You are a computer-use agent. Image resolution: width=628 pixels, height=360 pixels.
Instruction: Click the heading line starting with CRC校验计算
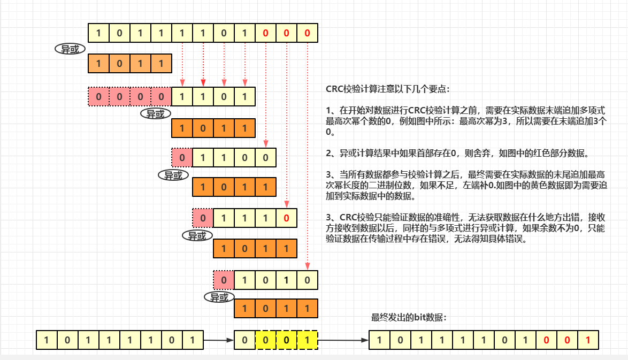pyautogui.click(x=388, y=88)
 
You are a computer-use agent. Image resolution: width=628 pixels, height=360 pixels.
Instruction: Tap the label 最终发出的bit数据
pyautogui.click(x=409, y=318)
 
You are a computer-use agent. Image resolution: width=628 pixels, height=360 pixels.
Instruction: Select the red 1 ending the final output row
pyautogui.click(x=588, y=340)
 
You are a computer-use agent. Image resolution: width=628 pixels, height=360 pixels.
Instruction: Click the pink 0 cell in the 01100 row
pyautogui.click(x=182, y=157)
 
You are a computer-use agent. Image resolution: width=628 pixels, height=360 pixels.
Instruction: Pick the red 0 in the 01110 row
pyautogui.click(x=287, y=218)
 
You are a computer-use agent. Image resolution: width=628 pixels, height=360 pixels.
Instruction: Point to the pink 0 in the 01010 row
pyautogui.click(x=224, y=280)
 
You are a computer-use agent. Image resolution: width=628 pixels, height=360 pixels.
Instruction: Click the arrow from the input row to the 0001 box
pyautogui.click(x=219, y=340)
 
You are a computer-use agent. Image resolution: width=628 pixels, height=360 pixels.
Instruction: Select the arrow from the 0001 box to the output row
pyautogui.click(x=343, y=340)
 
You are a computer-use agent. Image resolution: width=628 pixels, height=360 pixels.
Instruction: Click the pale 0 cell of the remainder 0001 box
pyautogui.click(x=245, y=340)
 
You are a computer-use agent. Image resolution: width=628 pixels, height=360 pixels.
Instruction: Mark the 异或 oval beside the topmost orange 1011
pyautogui.click(x=70, y=49)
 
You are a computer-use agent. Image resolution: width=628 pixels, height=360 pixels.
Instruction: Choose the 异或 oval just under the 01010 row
pyautogui.click(x=219, y=297)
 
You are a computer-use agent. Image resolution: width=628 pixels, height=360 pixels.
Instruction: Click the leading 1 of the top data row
pyautogui.click(x=98, y=33)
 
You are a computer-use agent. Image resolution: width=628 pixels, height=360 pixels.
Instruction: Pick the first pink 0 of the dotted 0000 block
pyautogui.click(x=98, y=97)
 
